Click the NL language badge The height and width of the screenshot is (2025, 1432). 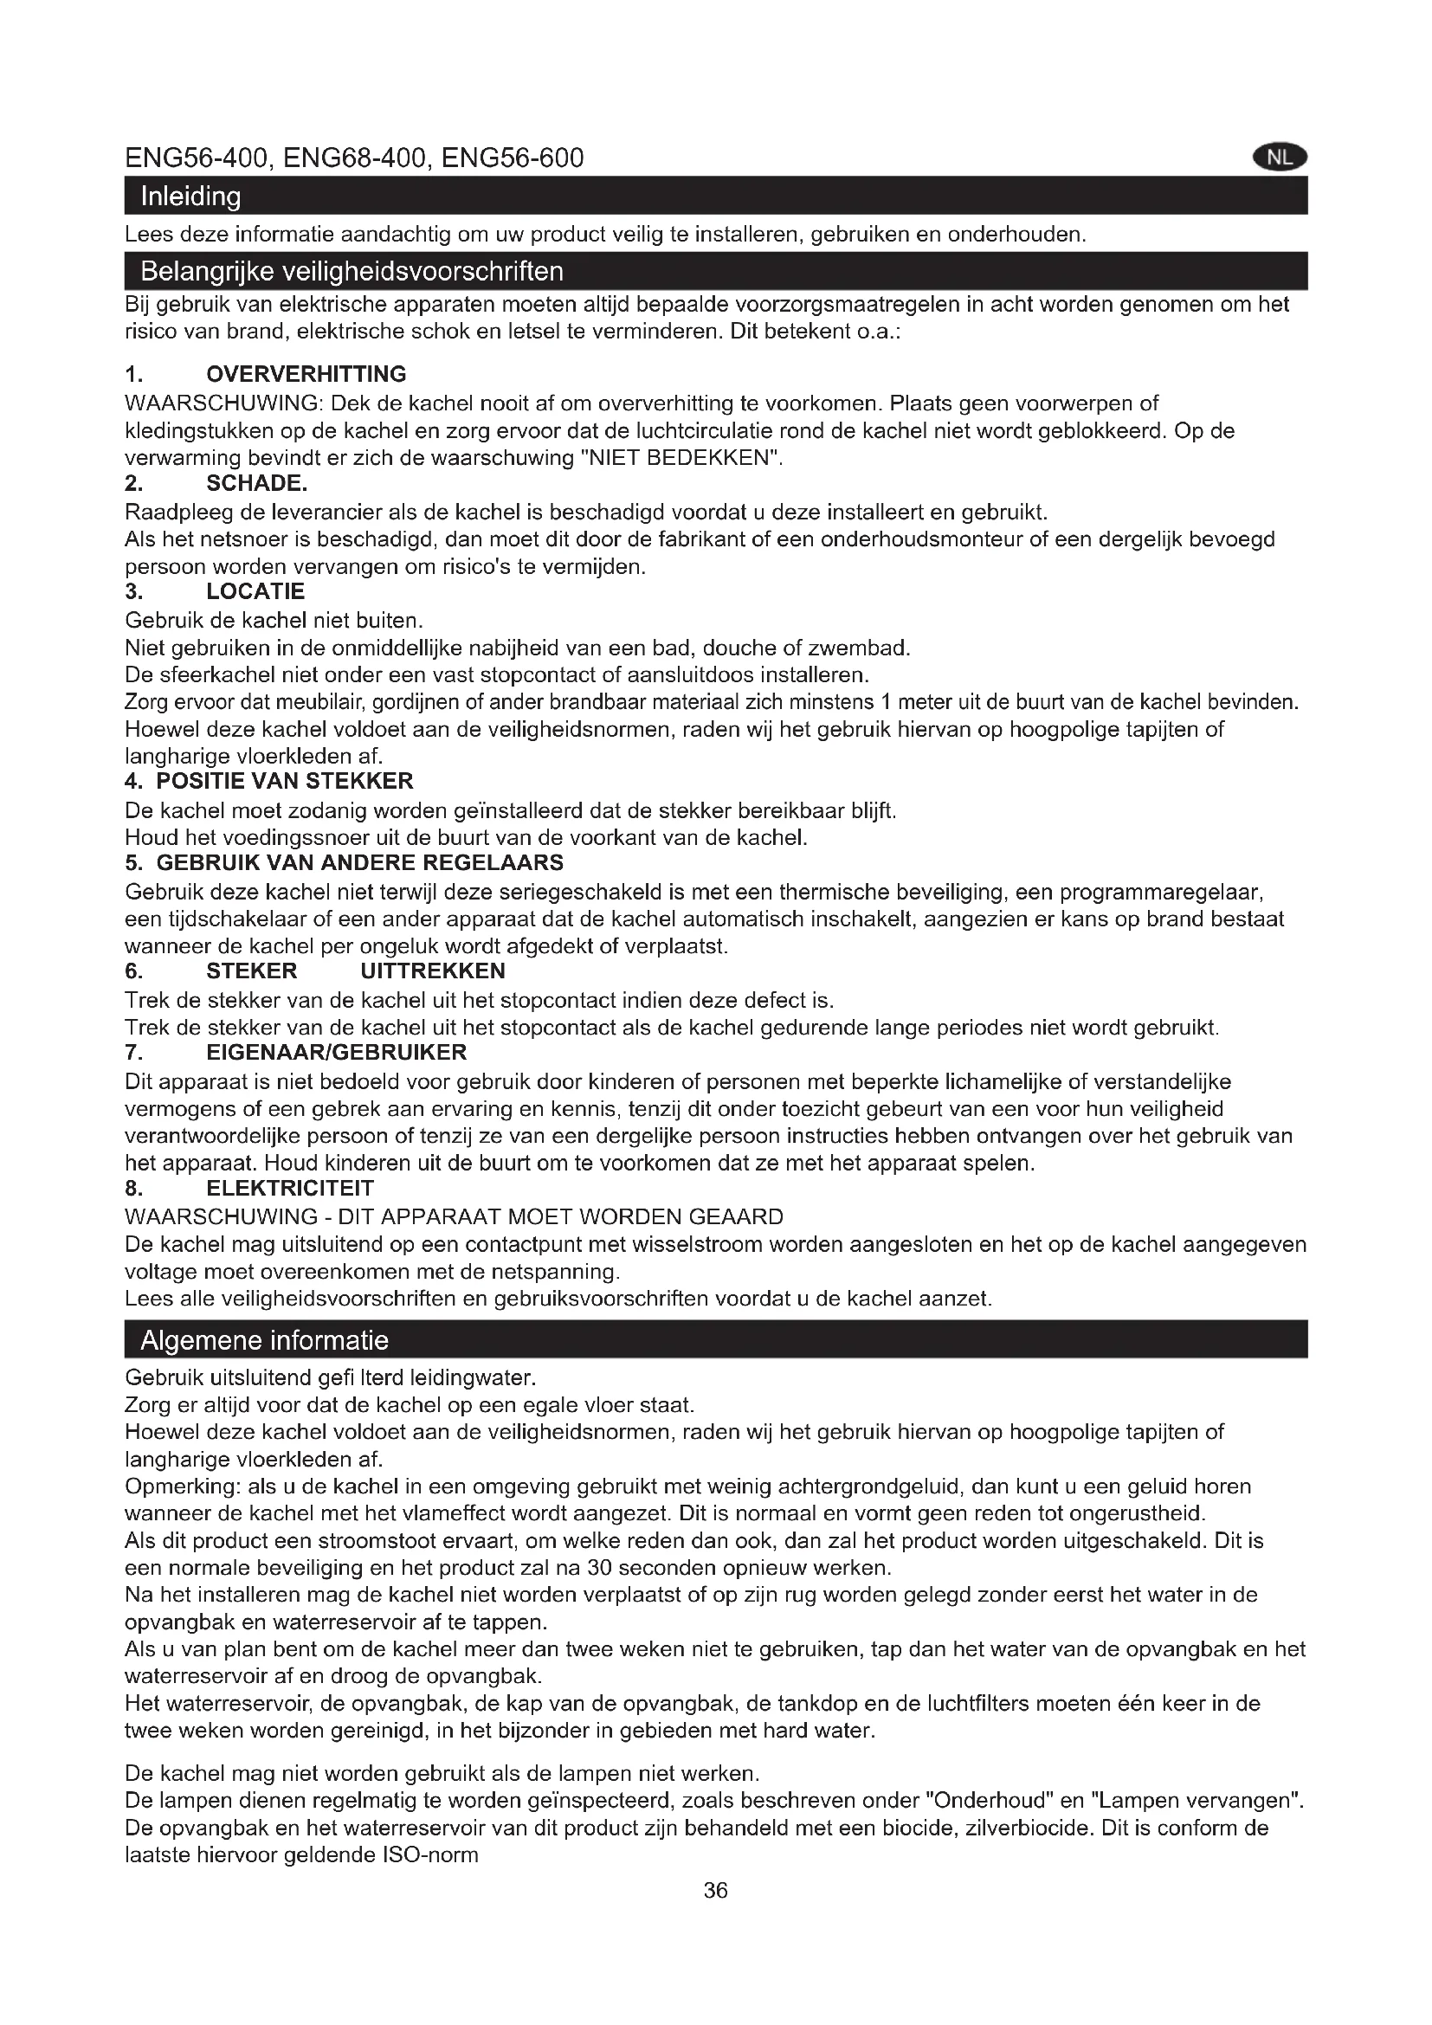coord(1279,158)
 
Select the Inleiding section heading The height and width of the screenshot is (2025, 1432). coord(190,196)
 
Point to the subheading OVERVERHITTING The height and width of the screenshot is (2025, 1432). coord(306,374)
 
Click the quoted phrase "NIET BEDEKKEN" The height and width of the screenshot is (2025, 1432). coord(684,459)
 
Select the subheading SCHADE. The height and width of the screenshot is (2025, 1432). coord(256,483)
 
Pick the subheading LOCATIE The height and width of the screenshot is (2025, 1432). coord(255,592)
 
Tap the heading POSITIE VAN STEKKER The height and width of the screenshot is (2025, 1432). coord(284,782)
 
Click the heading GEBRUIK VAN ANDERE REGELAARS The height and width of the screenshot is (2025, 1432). coord(360,862)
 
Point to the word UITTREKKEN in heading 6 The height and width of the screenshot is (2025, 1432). coord(433,972)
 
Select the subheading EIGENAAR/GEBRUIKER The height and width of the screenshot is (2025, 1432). coord(336,1053)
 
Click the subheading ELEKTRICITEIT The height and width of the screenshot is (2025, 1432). coord(290,1189)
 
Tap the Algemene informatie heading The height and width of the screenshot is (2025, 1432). coord(265,1340)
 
